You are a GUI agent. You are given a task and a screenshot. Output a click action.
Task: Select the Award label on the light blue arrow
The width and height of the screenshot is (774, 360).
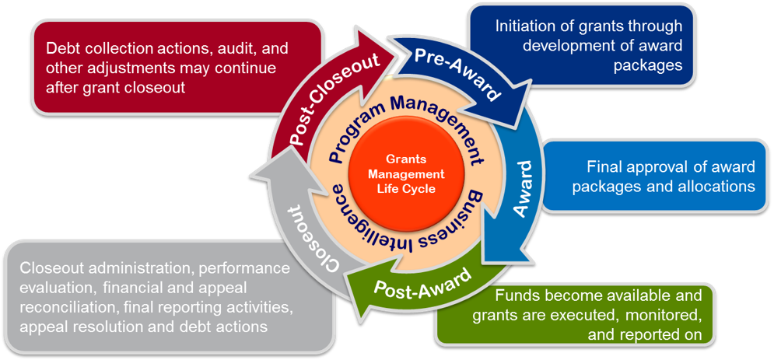tap(525, 189)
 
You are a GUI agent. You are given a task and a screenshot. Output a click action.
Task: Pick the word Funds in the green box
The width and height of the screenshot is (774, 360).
tap(514, 296)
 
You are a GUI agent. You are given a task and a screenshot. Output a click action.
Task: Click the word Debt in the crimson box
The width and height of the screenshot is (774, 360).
tap(65, 48)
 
